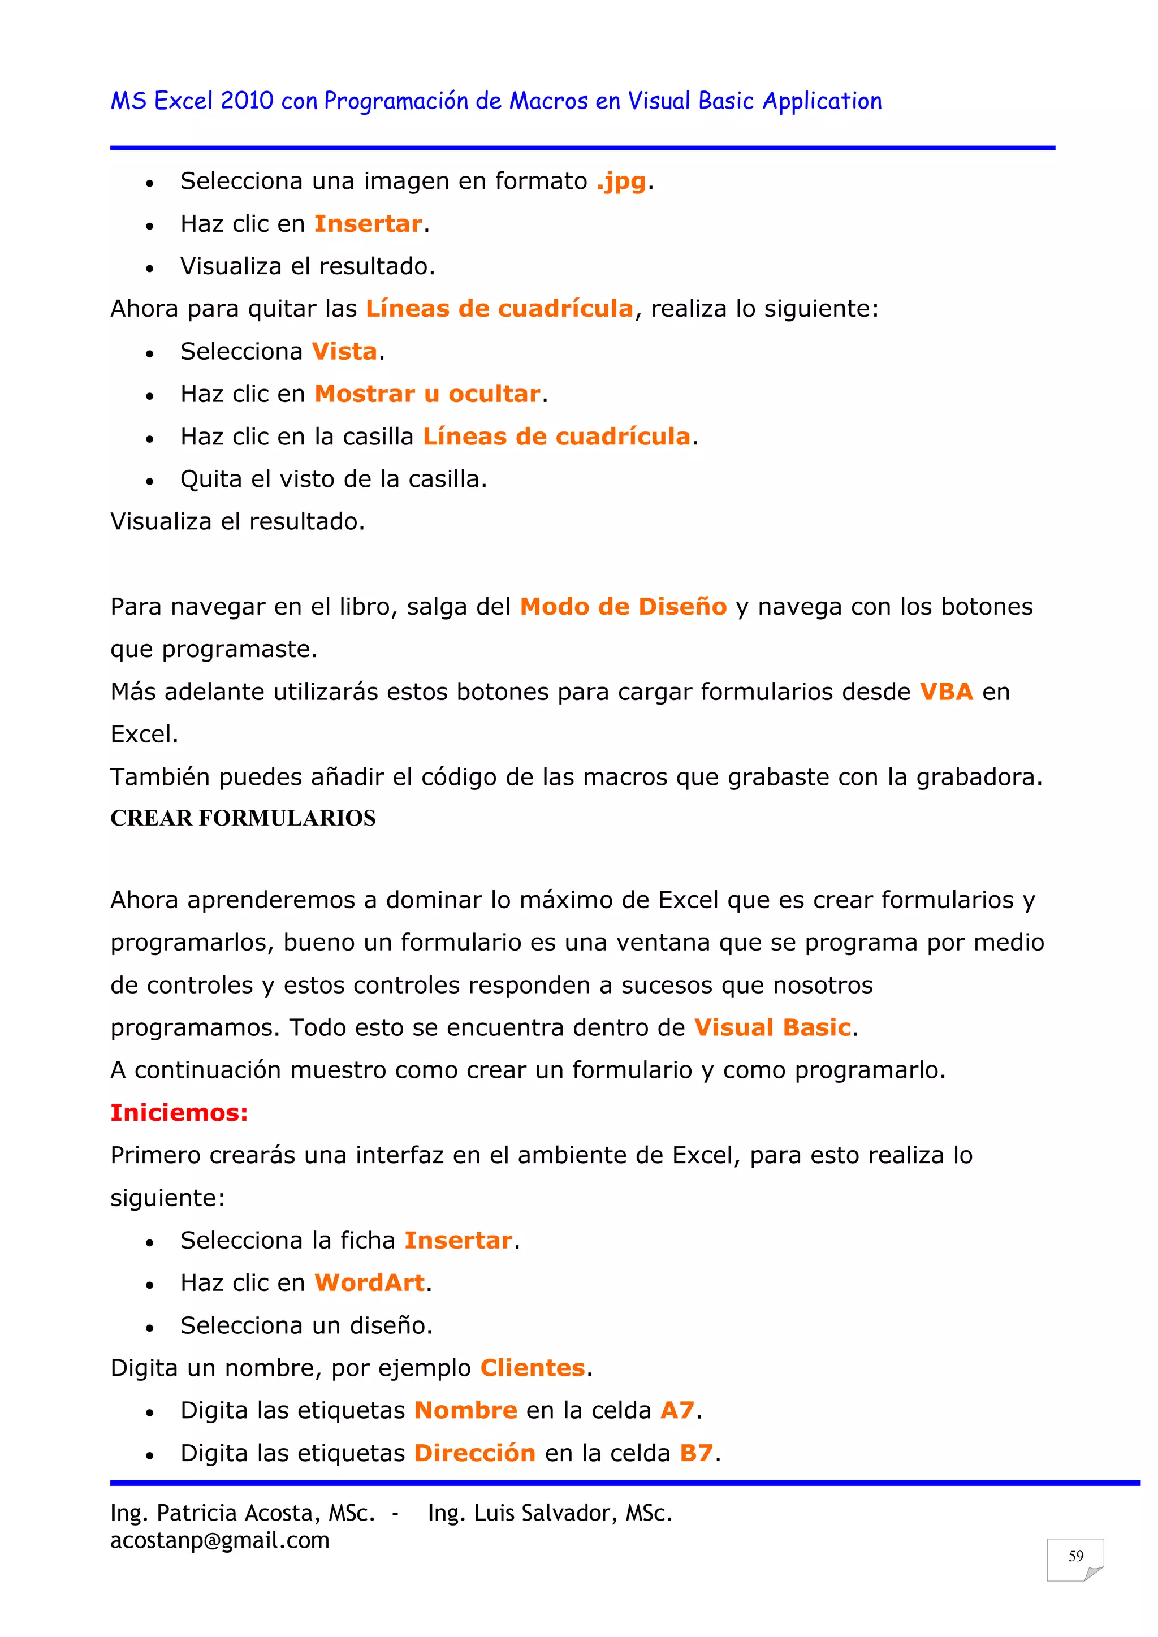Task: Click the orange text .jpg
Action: (621, 182)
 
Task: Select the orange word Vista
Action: (344, 352)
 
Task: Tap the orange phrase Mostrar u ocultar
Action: (427, 394)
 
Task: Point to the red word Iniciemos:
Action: (179, 1112)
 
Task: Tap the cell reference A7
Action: (677, 1410)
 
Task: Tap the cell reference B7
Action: (696, 1453)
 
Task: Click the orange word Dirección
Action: (475, 1453)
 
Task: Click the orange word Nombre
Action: (465, 1410)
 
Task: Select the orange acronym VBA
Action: (945, 692)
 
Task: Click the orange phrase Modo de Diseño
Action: (623, 607)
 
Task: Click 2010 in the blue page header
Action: (247, 101)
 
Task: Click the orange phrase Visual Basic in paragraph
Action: (772, 1027)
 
